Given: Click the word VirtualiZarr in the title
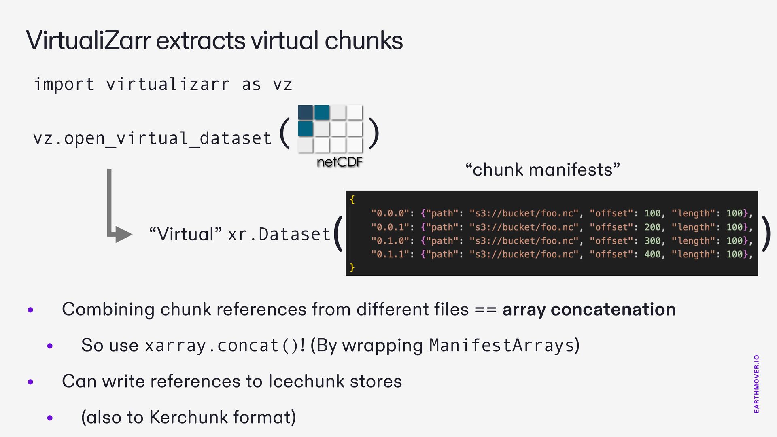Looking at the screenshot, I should coord(88,40).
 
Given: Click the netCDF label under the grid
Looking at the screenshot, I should coord(340,162).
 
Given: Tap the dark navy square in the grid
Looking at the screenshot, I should coord(306,112).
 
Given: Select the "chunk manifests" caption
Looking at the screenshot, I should coord(542,170).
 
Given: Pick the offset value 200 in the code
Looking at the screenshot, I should coord(652,227).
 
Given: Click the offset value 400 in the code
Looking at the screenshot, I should coord(652,254).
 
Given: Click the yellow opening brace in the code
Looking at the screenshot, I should coord(352,199).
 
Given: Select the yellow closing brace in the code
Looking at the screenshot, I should coord(352,267).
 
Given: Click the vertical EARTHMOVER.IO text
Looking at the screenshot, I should coord(756,384).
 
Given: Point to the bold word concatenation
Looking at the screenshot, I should coord(613,310).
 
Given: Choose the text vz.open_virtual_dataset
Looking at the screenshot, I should coord(152,138).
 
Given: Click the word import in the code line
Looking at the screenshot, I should coord(64,85).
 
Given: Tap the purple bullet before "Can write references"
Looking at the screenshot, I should coord(31,382).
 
